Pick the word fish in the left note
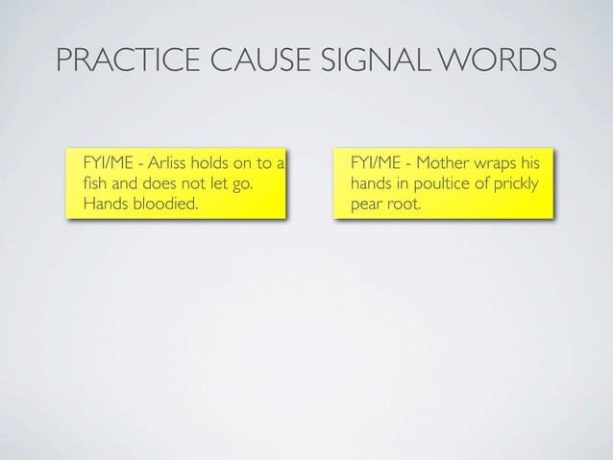(97, 182)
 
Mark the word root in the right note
(404, 204)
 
